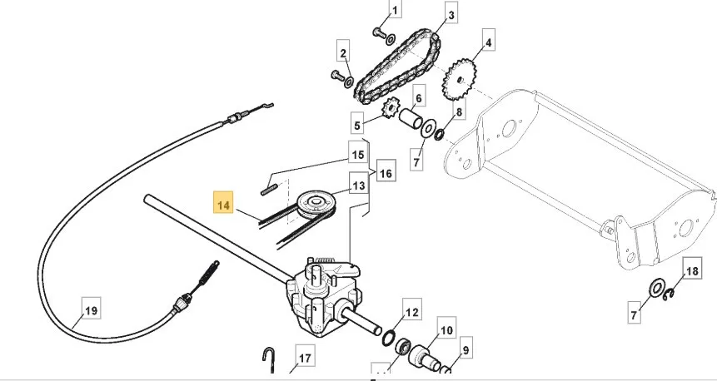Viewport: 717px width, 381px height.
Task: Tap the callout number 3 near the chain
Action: (451, 16)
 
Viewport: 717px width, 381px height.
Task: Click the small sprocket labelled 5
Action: (390, 109)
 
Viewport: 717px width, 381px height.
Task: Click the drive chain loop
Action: (397, 67)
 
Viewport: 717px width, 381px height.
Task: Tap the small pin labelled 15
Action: (270, 190)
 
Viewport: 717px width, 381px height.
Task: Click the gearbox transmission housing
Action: (321, 297)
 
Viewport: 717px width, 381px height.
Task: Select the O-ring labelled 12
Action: (389, 339)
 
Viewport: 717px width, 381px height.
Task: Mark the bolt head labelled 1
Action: (379, 33)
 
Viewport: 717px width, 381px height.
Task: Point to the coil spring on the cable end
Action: (208, 273)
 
